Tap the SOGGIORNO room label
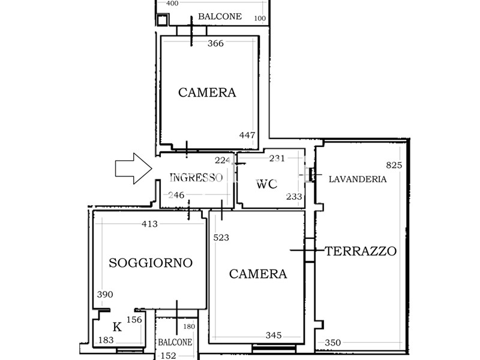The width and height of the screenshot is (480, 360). pyautogui.click(x=151, y=263)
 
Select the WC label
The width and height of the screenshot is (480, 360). pyautogui.click(x=266, y=184)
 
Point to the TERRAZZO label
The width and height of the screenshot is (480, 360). pyautogui.click(x=361, y=251)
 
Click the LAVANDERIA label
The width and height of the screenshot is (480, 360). pyautogui.click(x=358, y=179)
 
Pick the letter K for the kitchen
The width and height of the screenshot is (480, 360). pyautogui.click(x=117, y=327)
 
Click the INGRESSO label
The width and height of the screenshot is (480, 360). pyautogui.click(x=196, y=178)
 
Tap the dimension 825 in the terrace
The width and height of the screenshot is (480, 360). pyautogui.click(x=394, y=166)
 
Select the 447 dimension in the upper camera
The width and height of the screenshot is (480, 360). pyautogui.click(x=247, y=135)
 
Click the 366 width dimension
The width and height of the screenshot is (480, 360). pyautogui.click(x=215, y=43)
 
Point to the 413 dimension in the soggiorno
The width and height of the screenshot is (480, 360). pyautogui.click(x=149, y=224)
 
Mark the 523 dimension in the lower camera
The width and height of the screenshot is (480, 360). pyautogui.click(x=221, y=238)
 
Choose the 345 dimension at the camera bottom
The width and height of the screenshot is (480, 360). pyautogui.click(x=274, y=335)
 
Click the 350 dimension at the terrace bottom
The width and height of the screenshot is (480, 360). pyautogui.click(x=333, y=343)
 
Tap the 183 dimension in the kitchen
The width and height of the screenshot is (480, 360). pyautogui.click(x=106, y=340)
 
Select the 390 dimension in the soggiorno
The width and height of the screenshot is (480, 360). pyautogui.click(x=105, y=295)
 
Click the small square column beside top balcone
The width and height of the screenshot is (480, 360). pyautogui.click(x=162, y=20)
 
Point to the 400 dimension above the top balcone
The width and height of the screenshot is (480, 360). pyautogui.click(x=172, y=4)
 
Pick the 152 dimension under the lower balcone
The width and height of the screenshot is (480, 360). pyautogui.click(x=169, y=356)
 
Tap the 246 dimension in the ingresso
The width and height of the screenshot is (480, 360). pyautogui.click(x=176, y=195)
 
